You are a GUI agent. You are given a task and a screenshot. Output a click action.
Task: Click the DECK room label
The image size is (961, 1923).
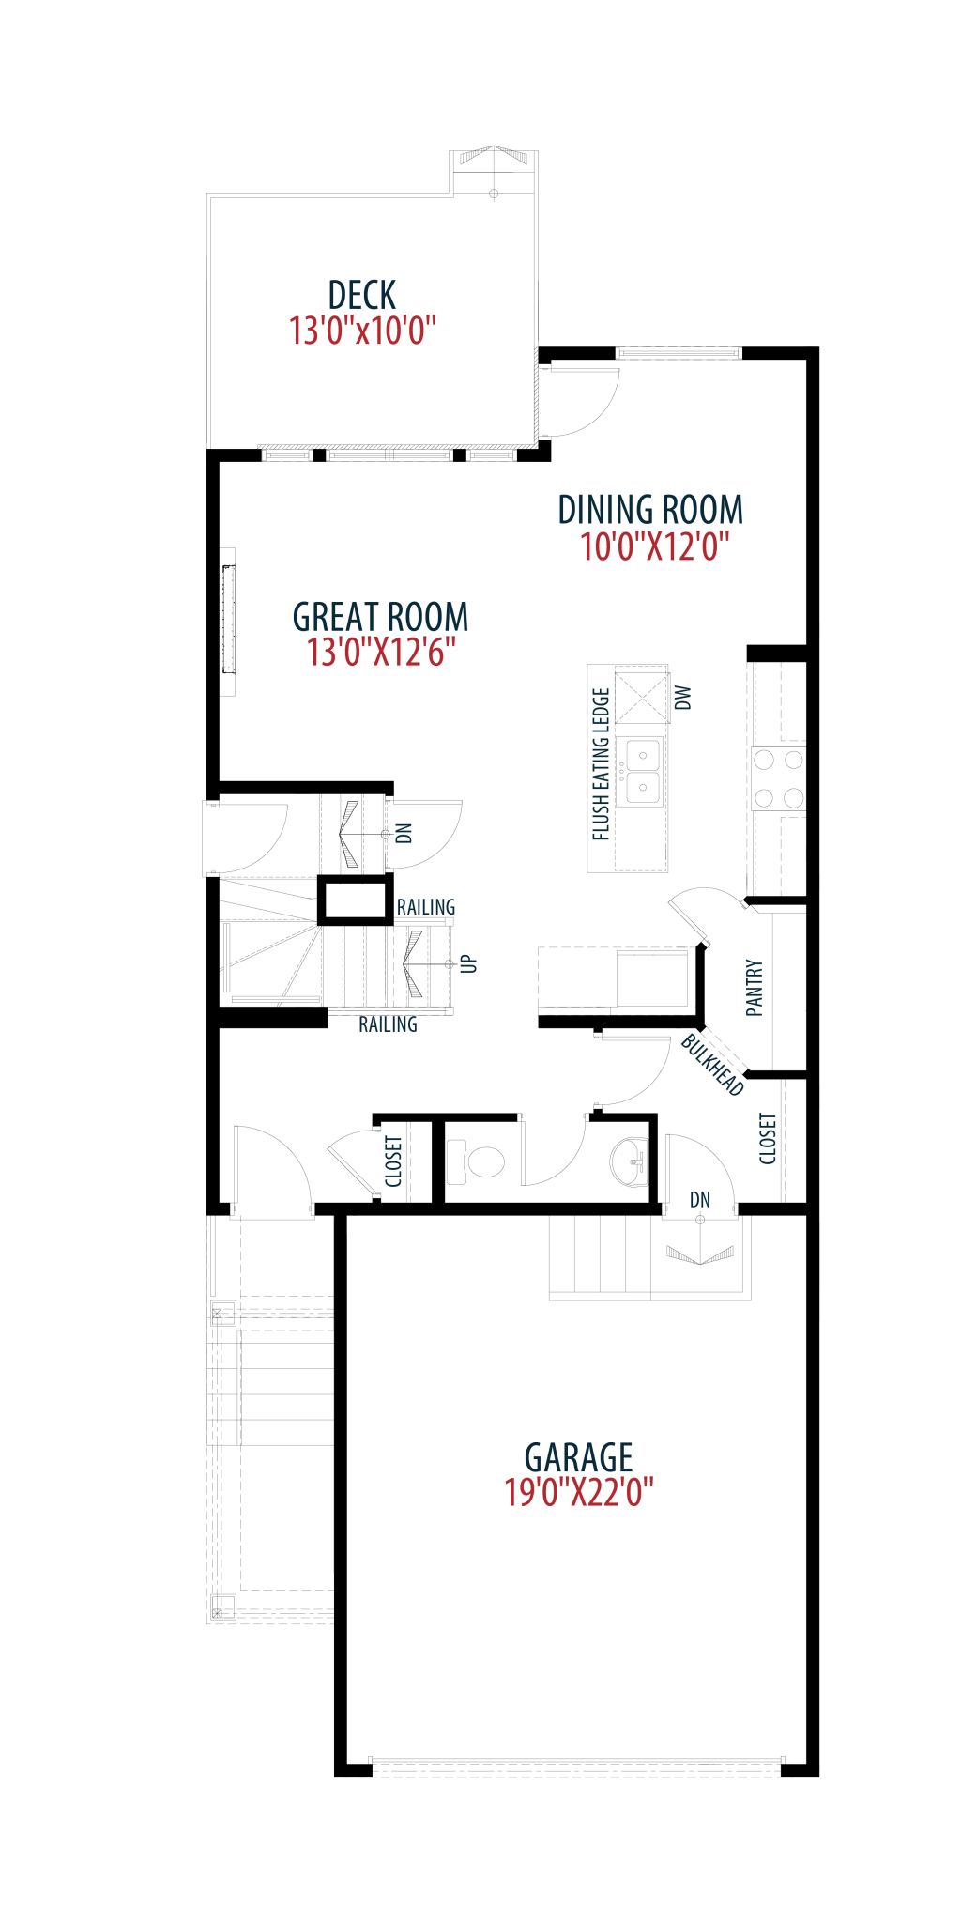click(x=362, y=295)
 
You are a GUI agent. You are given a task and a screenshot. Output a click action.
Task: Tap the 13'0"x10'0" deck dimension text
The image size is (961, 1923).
click(x=362, y=331)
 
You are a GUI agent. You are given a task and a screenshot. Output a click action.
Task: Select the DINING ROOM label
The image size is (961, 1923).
click(x=650, y=510)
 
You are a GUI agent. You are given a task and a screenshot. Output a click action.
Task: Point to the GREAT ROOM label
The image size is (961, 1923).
click(x=380, y=617)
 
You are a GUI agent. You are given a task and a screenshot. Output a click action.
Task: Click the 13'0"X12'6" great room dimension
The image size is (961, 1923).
click(x=381, y=652)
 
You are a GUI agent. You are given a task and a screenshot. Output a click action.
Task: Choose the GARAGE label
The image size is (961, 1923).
click(x=579, y=1457)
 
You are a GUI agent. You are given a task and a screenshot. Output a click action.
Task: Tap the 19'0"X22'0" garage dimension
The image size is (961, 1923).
click(x=579, y=1492)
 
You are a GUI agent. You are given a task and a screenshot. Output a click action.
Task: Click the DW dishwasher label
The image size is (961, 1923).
click(x=683, y=698)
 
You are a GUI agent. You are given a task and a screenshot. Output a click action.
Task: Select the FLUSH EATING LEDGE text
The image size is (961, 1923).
click(x=602, y=764)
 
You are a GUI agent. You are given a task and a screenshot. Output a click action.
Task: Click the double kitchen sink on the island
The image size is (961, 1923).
click(x=643, y=770)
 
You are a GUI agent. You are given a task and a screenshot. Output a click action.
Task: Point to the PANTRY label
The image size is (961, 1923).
click(x=755, y=988)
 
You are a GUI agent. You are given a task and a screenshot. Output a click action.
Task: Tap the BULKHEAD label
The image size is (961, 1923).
click(x=712, y=1065)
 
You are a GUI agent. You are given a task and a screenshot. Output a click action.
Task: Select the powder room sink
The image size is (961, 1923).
click(x=630, y=1161)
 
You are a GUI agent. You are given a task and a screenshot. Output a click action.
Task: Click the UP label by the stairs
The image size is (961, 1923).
click(x=469, y=964)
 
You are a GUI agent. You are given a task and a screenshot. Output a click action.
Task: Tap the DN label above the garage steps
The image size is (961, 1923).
click(x=700, y=1200)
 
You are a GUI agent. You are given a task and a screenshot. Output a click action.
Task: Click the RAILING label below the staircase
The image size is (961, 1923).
click(x=388, y=1024)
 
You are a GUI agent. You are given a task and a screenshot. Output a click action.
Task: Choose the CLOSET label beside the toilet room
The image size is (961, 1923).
click(x=394, y=1161)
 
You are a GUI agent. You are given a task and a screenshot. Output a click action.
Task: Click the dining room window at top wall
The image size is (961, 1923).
click(x=678, y=353)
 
